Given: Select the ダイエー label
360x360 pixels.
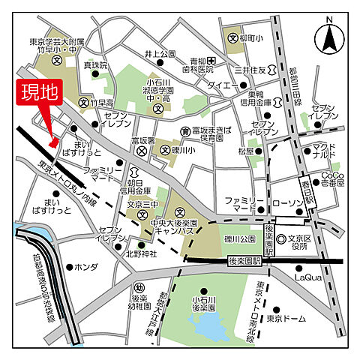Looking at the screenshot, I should [x=223, y=85].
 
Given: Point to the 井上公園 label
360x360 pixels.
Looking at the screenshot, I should [x=160, y=54].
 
